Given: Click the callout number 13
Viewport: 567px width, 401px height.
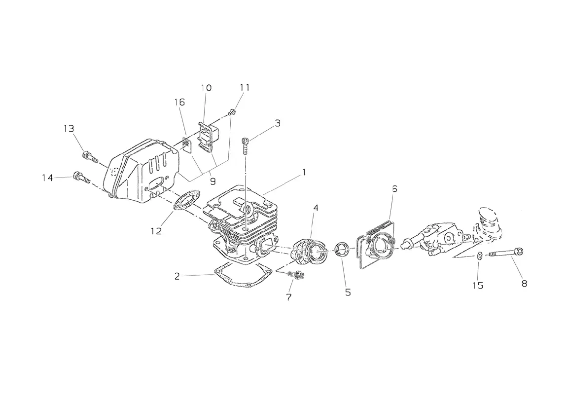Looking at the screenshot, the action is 69,129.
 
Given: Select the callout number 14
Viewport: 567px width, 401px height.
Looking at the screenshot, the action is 47,178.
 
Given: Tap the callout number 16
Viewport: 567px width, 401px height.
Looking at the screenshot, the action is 179,102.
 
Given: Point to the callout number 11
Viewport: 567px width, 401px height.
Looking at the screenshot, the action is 245,87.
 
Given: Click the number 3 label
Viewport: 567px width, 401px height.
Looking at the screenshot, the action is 278,123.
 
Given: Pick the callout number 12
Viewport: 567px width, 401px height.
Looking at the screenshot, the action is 156,231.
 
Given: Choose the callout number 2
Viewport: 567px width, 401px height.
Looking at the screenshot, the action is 177,277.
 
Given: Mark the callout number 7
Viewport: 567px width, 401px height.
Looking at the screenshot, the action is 288,297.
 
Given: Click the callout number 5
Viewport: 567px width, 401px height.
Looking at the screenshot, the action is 348,292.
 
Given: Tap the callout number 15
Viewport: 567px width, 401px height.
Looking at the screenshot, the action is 478,286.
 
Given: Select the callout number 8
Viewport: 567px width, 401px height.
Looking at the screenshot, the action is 524,284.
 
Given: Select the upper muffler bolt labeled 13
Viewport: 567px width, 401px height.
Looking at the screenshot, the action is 90,157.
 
